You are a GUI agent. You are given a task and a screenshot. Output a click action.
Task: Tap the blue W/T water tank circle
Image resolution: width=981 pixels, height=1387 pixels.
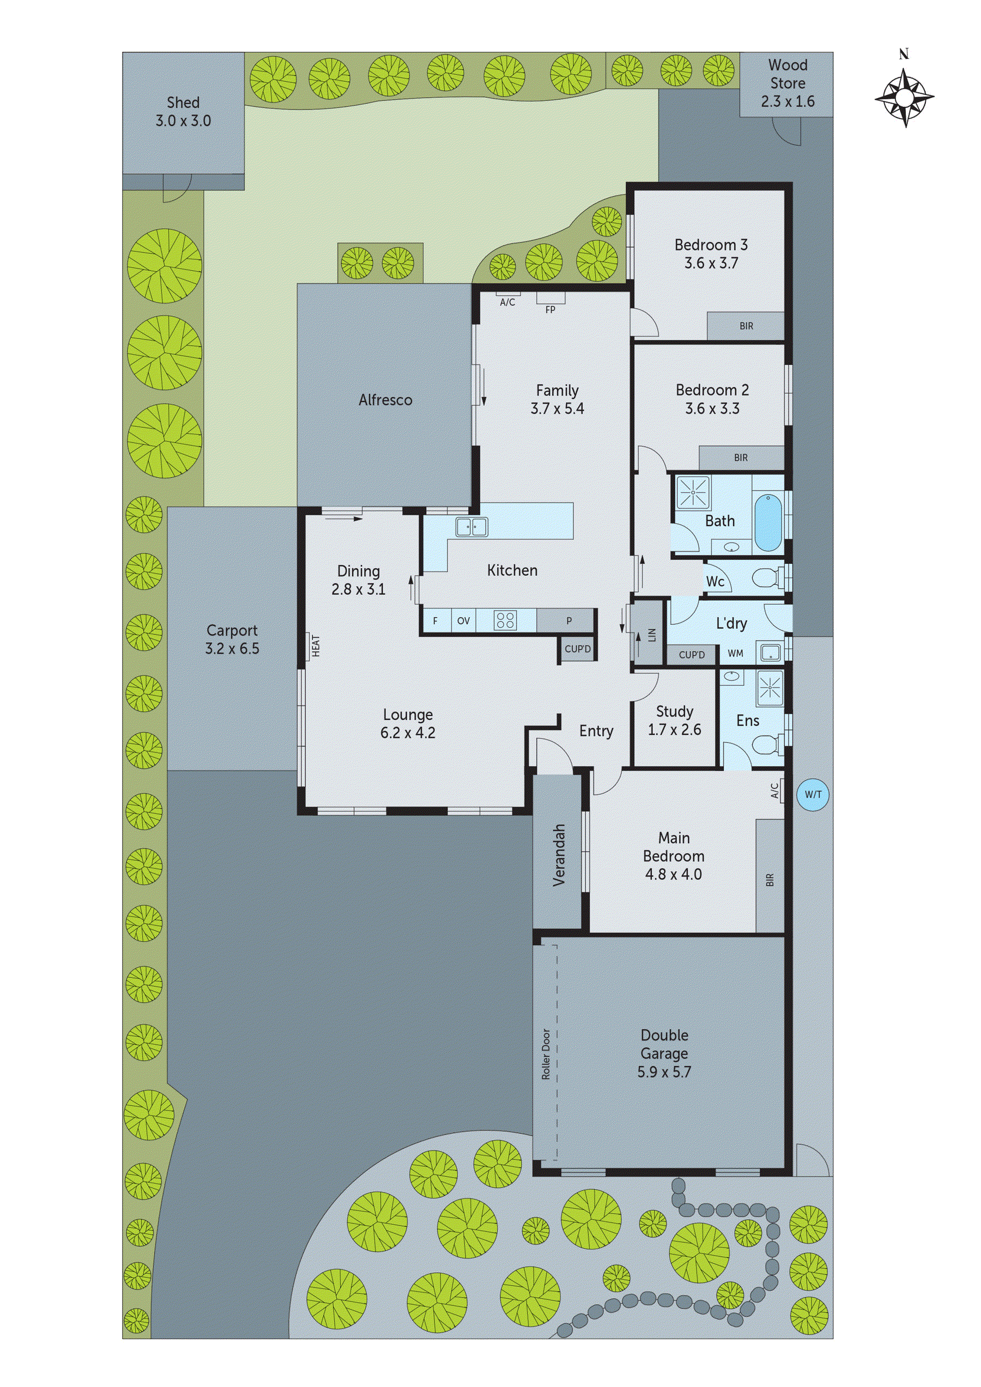click(813, 794)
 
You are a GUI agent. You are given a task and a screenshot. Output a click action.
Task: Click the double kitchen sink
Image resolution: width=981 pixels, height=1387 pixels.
click(471, 527)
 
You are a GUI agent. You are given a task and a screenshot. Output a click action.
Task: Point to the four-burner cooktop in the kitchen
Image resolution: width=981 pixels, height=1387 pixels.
click(505, 620)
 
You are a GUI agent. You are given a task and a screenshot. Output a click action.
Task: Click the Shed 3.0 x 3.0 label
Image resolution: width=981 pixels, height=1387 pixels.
click(183, 112)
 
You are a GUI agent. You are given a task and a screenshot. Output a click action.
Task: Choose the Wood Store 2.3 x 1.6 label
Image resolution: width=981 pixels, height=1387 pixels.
click(788, 83)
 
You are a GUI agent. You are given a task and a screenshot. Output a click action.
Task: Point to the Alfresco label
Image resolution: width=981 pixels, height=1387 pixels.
click(385, 400)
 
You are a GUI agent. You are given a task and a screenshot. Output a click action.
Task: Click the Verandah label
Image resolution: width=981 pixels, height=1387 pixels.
click(559, 855)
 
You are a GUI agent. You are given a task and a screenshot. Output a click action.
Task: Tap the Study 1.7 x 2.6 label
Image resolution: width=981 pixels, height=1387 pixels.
click(675, 721)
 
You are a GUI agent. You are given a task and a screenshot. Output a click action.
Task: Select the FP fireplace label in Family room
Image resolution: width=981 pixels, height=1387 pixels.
click(550, 310)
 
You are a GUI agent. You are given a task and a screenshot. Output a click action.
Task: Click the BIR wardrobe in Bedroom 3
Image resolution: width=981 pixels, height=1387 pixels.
click(746, 326)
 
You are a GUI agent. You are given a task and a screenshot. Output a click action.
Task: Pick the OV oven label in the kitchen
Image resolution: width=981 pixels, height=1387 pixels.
click(464, 620)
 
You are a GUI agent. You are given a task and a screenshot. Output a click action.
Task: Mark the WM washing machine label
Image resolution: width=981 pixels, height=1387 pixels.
click(736, 654)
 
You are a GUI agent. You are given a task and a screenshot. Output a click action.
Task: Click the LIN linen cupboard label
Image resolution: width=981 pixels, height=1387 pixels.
click(652, 635)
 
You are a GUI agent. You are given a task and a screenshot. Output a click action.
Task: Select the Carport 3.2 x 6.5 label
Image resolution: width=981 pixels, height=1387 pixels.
click(232, 639)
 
